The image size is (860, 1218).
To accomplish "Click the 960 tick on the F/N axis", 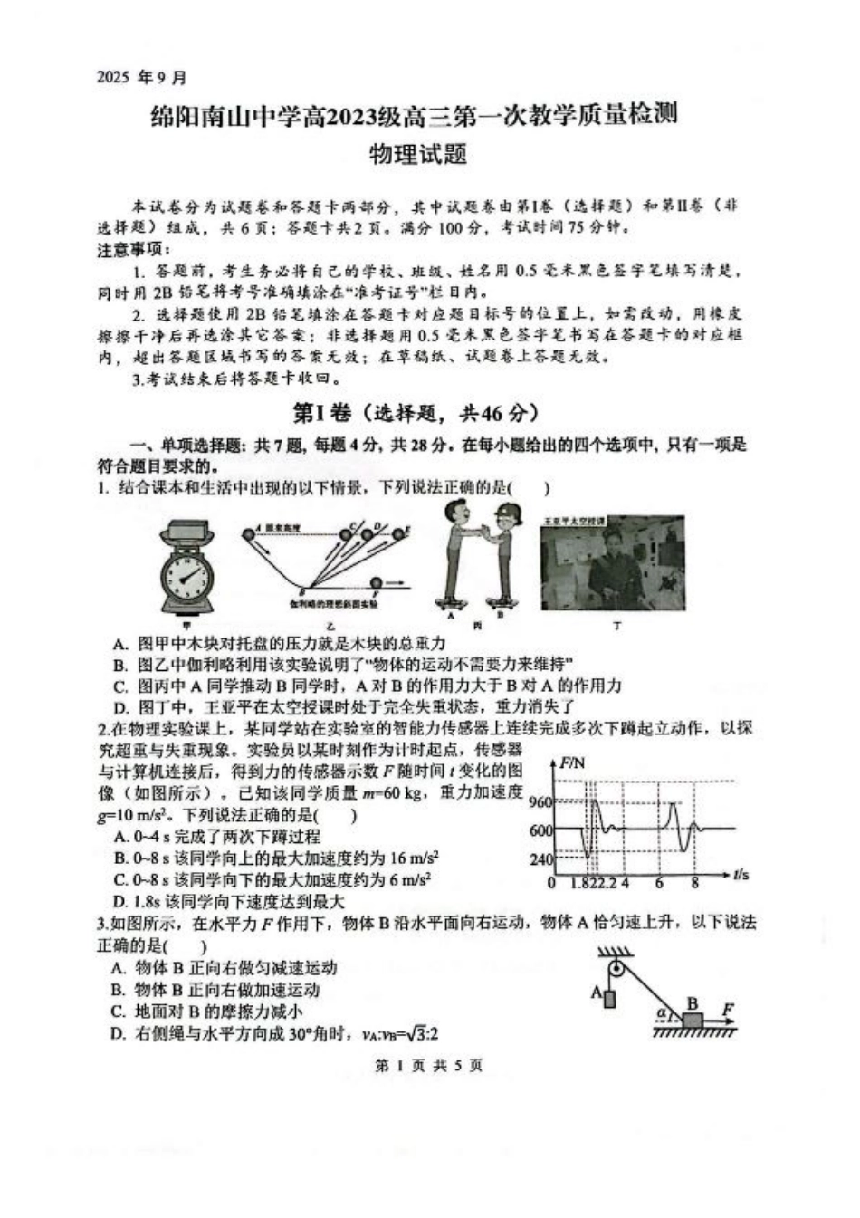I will (540, 801).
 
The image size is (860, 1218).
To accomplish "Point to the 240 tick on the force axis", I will (540, 859).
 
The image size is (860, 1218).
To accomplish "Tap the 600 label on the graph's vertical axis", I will (540, 830).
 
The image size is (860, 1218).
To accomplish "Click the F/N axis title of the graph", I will (572, 763).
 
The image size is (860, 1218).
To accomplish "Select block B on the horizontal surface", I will (693, 1021).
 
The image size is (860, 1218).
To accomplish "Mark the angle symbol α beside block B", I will (662, 1013).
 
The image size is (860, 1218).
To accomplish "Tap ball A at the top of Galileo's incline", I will (248, 537).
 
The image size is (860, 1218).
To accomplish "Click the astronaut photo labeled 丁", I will (613, 566).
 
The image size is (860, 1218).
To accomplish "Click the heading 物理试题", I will (417, 155).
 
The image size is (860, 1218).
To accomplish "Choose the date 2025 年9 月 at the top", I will (141, 78).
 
